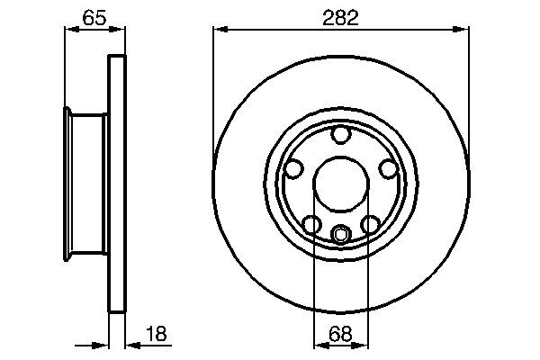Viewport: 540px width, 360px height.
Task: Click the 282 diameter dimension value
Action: point(341,17)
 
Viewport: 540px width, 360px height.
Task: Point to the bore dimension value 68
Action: point(341,333)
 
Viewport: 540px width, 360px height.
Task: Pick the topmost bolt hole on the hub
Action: point(340,135)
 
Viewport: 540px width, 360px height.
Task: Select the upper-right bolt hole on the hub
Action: point(387,168)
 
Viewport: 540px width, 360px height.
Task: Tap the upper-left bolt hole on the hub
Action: point(292,168)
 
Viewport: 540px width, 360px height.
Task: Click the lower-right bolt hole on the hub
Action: point(369,224)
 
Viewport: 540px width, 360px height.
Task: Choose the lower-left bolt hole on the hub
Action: point(310,224)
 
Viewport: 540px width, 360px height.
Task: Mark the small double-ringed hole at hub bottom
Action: point(340,235)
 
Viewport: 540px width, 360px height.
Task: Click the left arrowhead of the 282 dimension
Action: point(219,30)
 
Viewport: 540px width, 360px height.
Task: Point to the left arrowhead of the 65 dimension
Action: point(70,30)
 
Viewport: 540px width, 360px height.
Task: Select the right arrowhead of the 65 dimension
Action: point(117,30)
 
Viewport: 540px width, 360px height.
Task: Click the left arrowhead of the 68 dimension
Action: point(318,343)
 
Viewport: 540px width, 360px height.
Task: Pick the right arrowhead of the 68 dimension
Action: point(363,343)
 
